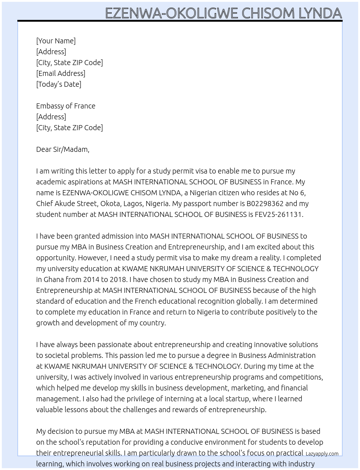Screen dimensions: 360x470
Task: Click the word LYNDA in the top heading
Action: (x=320, y=13)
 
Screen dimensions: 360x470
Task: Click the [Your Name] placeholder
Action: (x=56, y=41)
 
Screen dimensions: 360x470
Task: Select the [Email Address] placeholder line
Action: (x=61, y=73)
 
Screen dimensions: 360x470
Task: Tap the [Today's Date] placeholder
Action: (x=59, y=84)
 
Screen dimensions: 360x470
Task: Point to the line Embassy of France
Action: (x=66, y=106)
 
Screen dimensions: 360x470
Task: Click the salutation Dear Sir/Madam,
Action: (x=63, y=149)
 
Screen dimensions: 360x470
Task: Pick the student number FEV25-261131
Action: (x=279, y=214)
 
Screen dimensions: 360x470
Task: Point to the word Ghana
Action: (x=54, y=279)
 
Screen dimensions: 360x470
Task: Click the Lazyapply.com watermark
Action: (x=322, y=454)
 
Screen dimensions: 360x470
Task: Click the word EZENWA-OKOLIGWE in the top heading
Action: (x=171, y=13)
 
